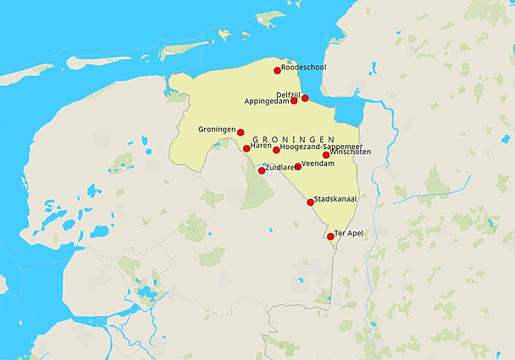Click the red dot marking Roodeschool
click(x=277, y=70)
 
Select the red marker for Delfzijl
click(x=305, y=98)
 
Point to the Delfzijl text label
click(x=289, y=94)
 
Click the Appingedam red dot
click(x=294, y=102)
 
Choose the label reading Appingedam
click(x=267, y=102)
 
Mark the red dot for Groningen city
click(x=241, y=132)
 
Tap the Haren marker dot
click(x=246, y=148)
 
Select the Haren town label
click(x=261, y=146)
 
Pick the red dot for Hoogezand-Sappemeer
click(x=276, y=150)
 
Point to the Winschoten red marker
click(x=326, y=155)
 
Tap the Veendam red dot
click(x=297, y=167)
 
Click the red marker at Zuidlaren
click(x=261, y=171)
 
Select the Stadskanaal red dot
click(x=311, y=202)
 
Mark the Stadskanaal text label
click(x=335, y=199)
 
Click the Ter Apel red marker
click(x=330, y=236)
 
